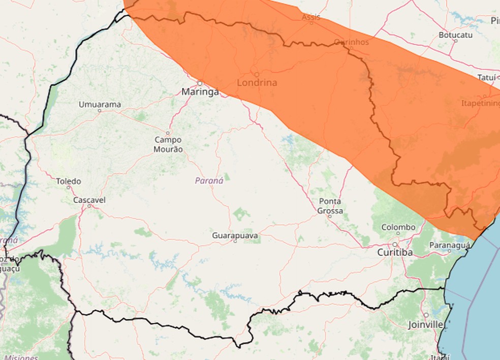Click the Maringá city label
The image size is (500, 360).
pos(200,92)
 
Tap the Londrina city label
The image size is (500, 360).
pos(257,83)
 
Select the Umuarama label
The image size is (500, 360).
pos(100,105)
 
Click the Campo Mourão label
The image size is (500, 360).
pos(168,144)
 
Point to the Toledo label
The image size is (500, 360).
pos(69,181)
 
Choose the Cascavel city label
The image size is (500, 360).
pos(89,200)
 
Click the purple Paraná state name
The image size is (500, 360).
pos(209,181)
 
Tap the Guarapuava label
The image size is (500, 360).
pos(235,236)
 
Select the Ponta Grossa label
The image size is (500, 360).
pos(330,206)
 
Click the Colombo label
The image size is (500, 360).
pos(398,227)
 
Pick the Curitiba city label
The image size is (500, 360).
pos(395,252)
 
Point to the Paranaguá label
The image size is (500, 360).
pos(449,245)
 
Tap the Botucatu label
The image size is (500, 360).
pos(455,35)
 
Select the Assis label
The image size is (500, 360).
pos(311,17)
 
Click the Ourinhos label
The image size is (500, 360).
pos(351,42)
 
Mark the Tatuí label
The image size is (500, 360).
pos(486,77)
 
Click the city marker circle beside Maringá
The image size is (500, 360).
pos(200,83)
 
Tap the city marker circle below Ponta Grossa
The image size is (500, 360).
pos(329,216)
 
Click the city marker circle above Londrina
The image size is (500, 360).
pos(257,74)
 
